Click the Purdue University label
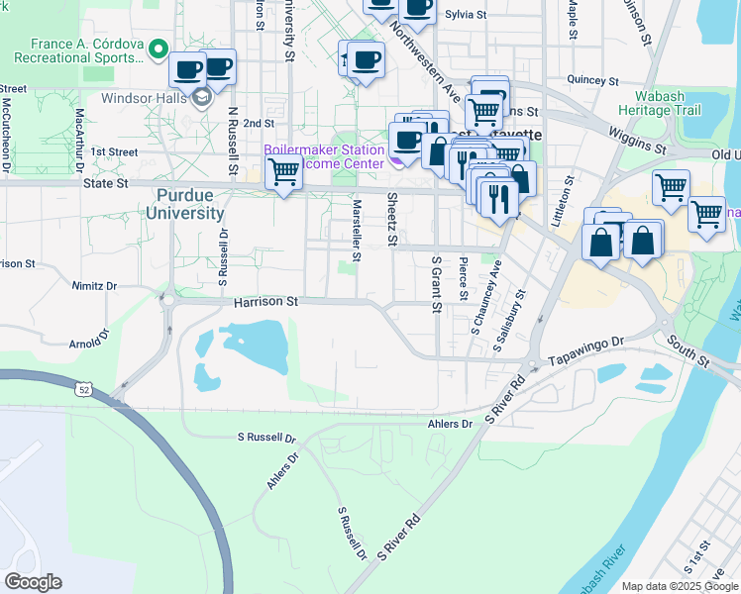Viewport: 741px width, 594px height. click(x=184, y=204)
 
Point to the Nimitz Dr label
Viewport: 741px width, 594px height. click(x=94, y=285)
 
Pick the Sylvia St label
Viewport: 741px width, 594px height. click(x=467, y=15)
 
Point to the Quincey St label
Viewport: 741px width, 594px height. click(x=591, y=80)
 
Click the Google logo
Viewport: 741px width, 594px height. click(x=33, y=582)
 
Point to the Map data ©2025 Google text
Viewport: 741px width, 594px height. click(x=680, y=586)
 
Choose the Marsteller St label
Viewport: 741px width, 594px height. click(x=357, y=225)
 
